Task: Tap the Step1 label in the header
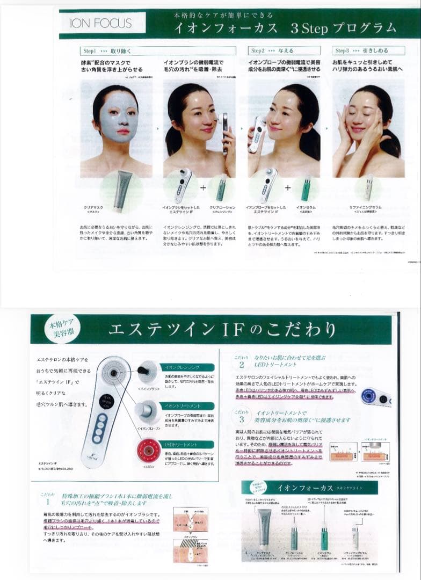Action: [90, 51]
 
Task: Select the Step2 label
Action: [257, 51]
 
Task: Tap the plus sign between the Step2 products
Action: [288, 188]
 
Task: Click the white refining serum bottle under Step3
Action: [369, 187]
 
